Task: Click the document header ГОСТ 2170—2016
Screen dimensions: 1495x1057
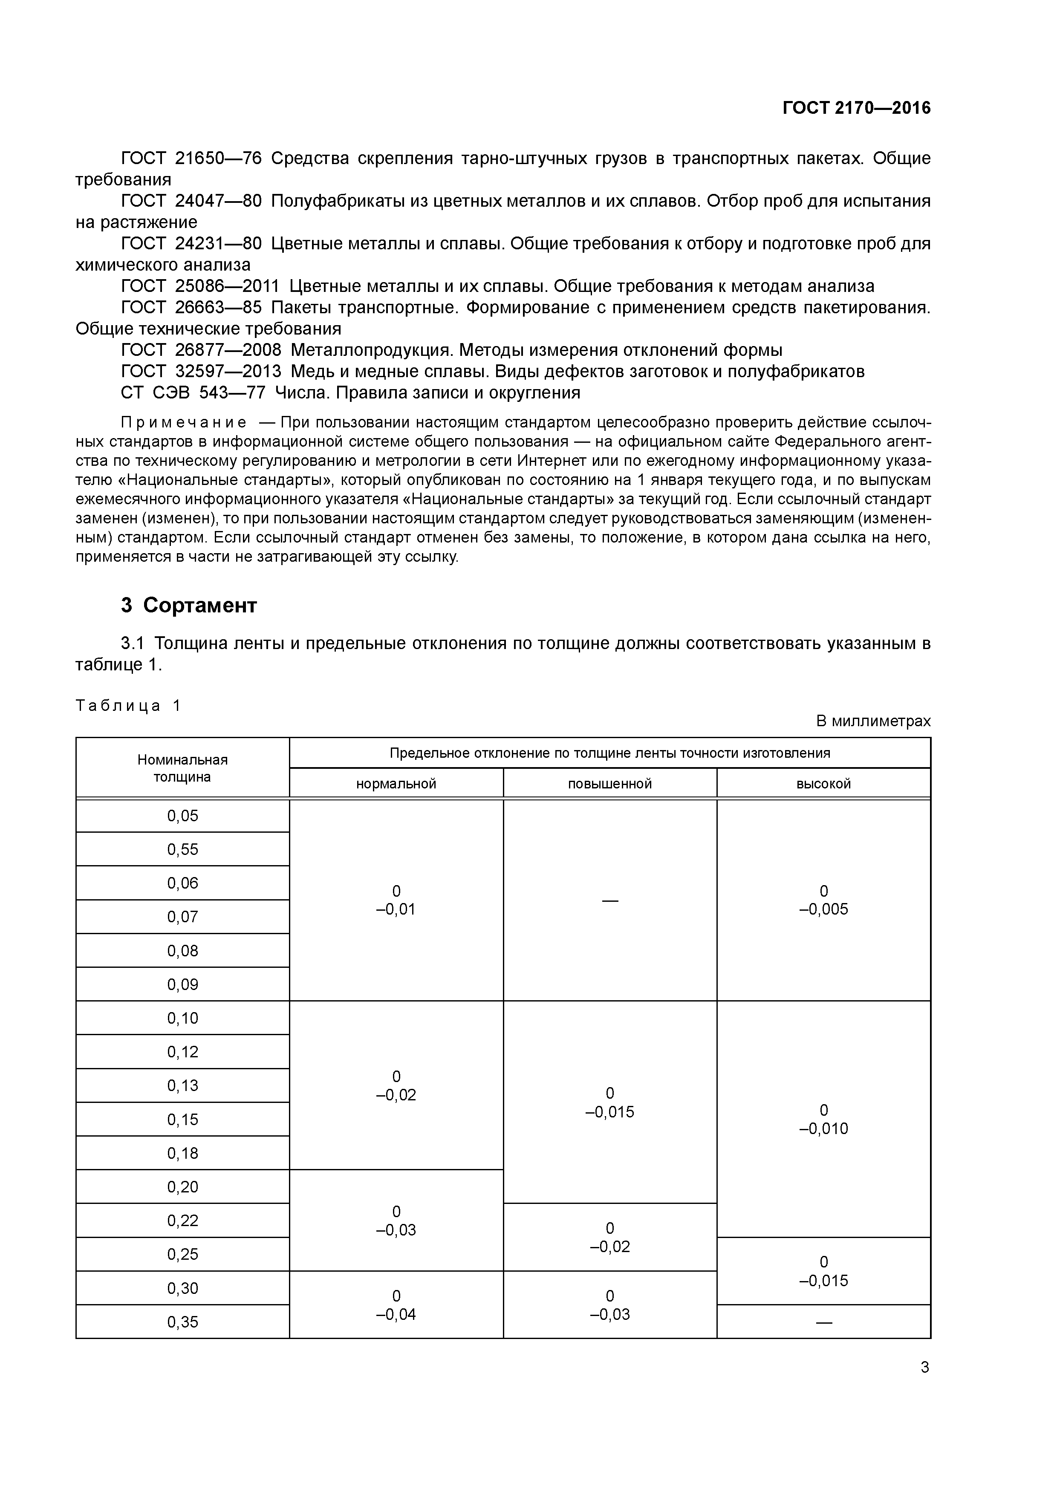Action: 856,108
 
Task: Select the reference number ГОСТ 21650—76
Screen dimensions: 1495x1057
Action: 191,158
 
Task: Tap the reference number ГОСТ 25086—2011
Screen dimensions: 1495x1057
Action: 199,286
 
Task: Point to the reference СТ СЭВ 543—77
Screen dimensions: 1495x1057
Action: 193,393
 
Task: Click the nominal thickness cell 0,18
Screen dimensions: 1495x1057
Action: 182,1153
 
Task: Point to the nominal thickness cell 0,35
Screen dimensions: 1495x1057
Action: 182,1322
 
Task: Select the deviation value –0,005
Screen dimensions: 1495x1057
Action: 823,909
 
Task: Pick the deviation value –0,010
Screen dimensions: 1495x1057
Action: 823,1128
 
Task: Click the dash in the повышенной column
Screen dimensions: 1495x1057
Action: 609,900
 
